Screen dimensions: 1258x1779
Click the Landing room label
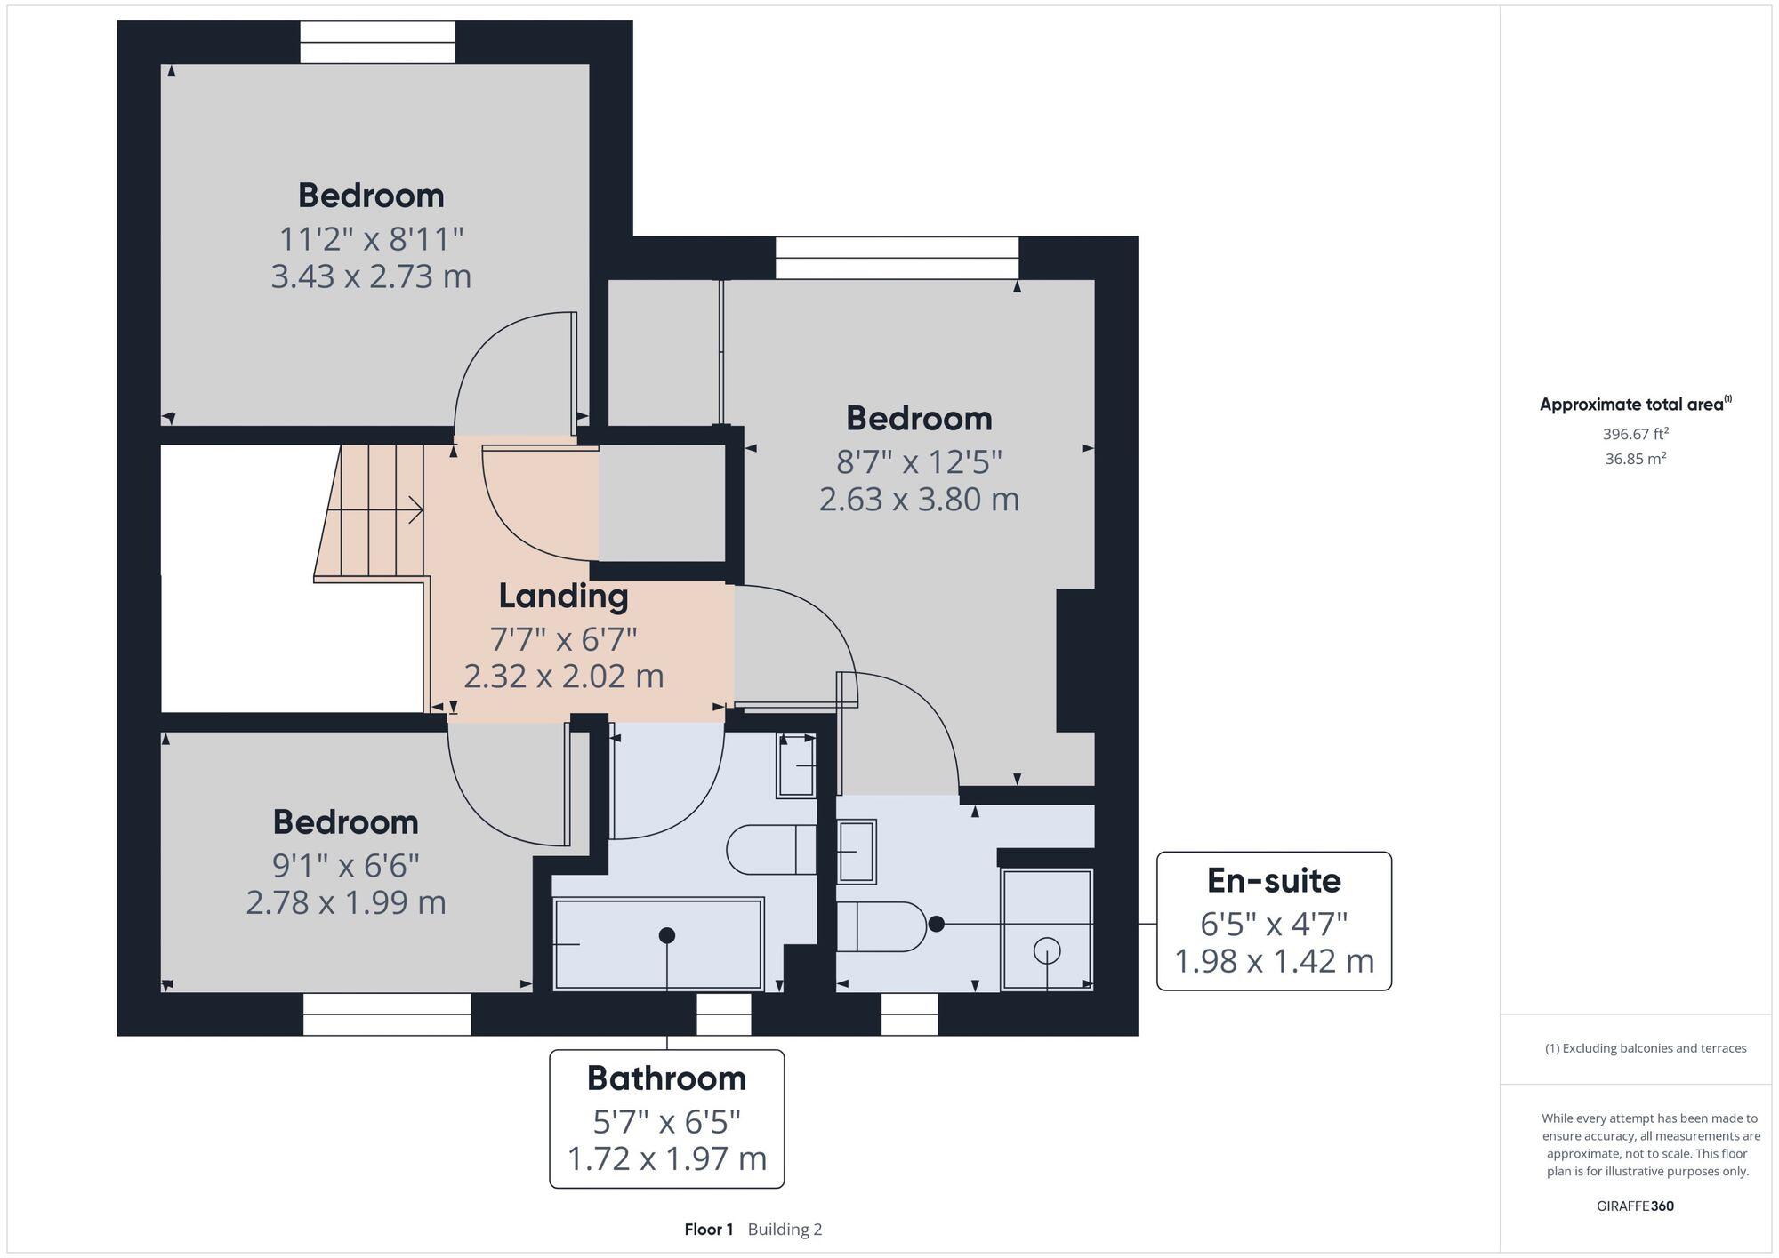(563, 596)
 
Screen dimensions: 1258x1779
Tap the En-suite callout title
(1273, 880)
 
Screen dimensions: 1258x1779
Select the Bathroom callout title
(666, 1078)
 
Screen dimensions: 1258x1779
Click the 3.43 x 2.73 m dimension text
(371, 276)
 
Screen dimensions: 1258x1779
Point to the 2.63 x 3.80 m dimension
(918, 499)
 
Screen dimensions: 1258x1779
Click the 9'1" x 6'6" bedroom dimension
(345, 864)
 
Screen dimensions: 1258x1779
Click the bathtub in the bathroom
(658, 944)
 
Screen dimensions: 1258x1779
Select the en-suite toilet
(881, 926)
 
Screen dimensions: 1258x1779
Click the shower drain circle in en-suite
(1047, 951)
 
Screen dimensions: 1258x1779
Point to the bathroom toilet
(770, 850)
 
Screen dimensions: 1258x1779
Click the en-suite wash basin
(857, 852)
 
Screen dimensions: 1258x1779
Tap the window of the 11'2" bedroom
(377, 43)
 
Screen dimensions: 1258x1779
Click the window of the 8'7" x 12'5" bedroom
(897, 258)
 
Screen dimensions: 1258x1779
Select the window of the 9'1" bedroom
(386, 1014)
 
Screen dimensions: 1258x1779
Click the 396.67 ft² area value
(1635, 434)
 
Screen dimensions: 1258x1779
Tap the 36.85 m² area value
(1635, 459)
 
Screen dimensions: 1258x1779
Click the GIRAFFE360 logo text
(1635, 1206)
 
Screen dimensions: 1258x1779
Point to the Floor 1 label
(708, 1230)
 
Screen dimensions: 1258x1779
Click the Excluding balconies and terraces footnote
(1646, 1048)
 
